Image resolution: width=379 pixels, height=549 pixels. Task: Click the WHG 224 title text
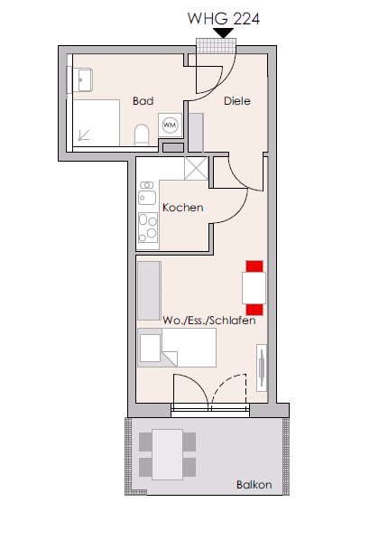(224, 19)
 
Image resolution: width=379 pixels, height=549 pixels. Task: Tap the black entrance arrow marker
(224, 33)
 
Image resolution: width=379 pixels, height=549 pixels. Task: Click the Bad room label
(143, 101)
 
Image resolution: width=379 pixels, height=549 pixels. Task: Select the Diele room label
(237, 101)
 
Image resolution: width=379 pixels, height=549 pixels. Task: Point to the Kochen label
(183, 208)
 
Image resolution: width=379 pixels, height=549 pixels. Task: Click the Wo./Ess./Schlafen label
(209, 321)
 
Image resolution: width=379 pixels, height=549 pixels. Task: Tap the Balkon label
(254, 485)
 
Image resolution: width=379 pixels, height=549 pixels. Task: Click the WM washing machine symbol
(170, 125)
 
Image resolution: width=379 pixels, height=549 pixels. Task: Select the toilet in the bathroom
(142, 135)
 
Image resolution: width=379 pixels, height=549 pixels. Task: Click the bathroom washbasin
(83, 79)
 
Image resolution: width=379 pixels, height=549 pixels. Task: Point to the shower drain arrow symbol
(83, 135)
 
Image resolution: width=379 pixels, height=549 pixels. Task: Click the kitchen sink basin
(147, 198)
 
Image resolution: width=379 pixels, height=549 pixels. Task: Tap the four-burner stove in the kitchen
(148, 228)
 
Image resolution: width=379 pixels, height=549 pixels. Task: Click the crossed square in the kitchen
(196, 169)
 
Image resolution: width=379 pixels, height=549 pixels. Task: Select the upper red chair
(254, 266)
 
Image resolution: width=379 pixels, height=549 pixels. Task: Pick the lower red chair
(254, 310)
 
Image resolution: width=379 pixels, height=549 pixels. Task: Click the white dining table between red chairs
(254, 288)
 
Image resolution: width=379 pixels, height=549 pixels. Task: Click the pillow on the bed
(150, 348)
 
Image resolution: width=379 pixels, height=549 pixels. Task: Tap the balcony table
(167, 454)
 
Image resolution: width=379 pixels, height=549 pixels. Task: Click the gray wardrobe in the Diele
(196, 133)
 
